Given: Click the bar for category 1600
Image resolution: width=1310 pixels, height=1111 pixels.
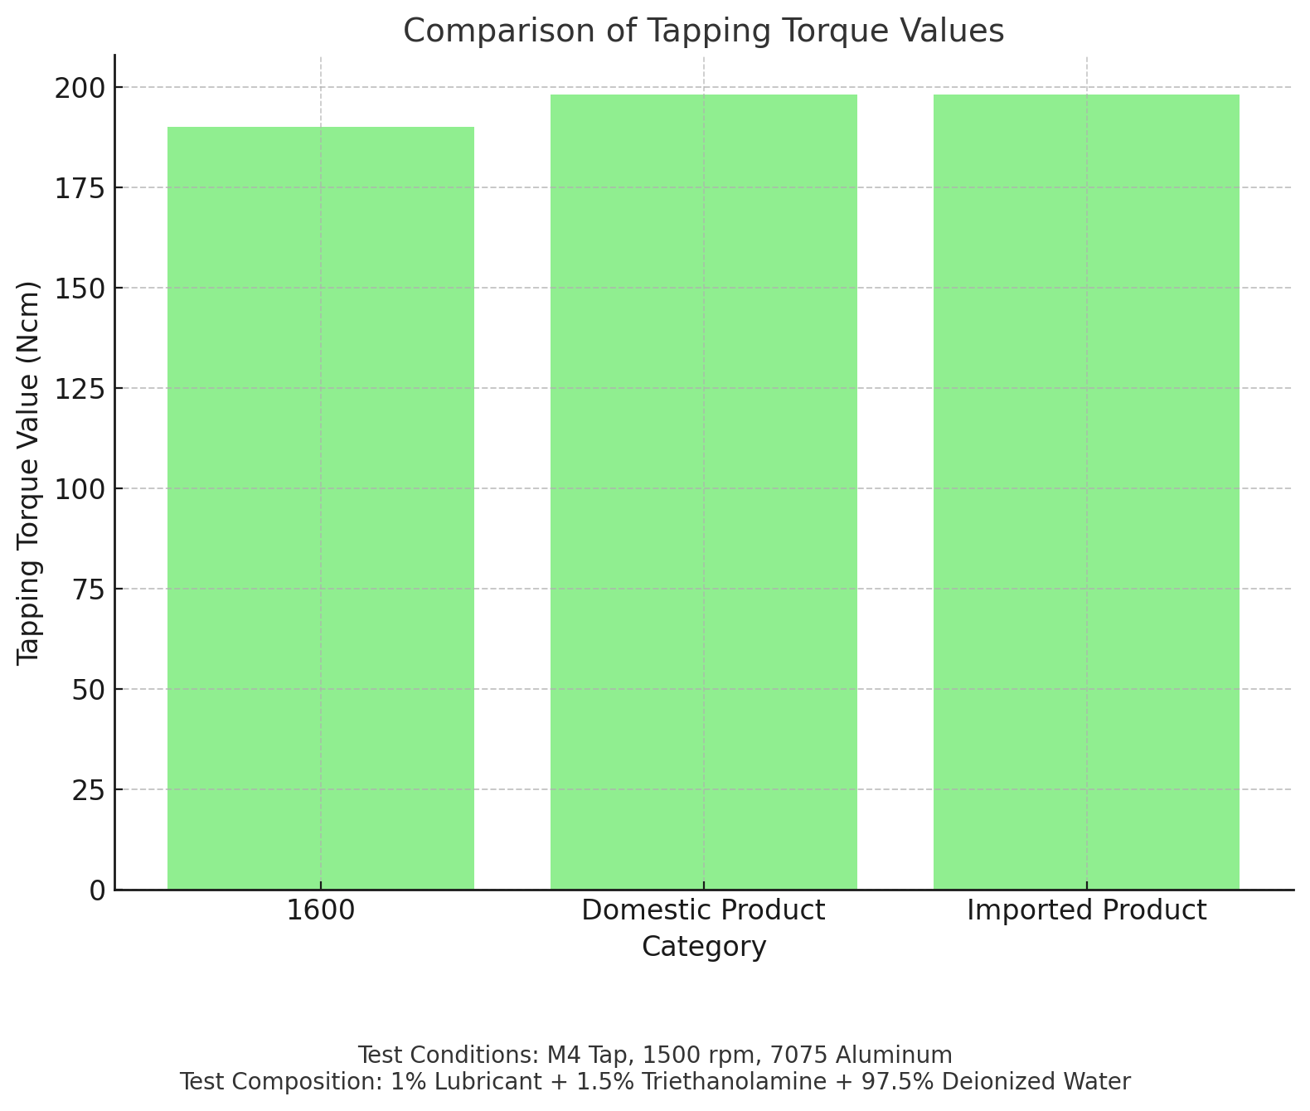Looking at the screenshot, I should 321,507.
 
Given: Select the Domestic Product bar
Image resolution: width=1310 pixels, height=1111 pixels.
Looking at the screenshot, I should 703,492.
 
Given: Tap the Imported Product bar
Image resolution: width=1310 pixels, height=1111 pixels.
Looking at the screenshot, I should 1086,492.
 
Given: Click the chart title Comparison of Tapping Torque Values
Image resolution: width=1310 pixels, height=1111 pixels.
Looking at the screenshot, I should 703,32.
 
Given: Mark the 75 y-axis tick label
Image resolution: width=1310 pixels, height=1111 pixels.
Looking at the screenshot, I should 88,589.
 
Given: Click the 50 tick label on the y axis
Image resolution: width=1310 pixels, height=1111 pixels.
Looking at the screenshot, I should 88,690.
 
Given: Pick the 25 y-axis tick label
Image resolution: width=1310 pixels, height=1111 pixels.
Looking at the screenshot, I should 88,790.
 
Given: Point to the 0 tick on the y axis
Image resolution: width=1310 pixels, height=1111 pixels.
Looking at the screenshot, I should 97,890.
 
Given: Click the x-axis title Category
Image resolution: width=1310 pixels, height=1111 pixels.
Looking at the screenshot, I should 703,947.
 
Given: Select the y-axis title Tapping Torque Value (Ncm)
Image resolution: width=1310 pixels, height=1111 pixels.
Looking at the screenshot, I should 29,473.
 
